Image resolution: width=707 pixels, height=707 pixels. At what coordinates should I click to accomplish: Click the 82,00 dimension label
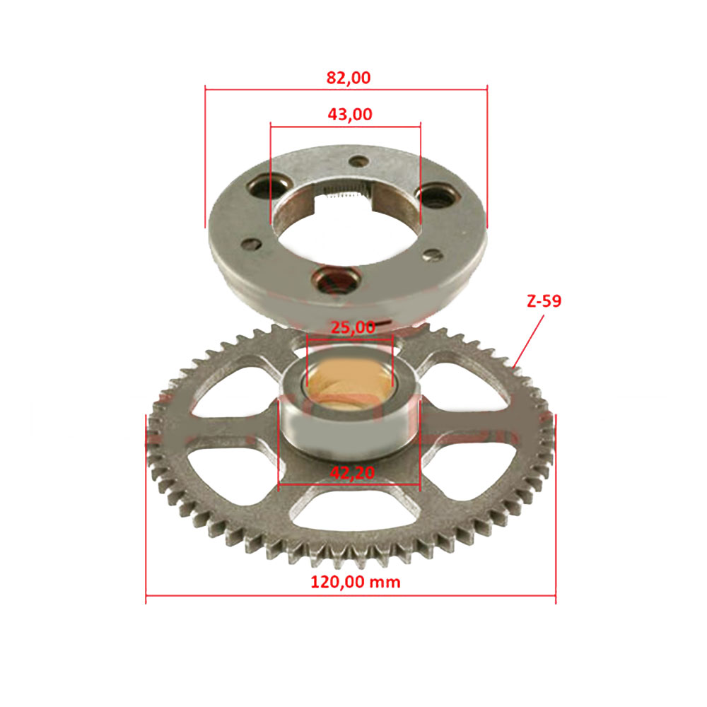[x=349, y=78]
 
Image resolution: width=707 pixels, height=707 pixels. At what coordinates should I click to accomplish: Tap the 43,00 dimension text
[x=350, y=115]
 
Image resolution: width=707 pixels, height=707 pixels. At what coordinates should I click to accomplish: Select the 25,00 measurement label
[x=353, y=327]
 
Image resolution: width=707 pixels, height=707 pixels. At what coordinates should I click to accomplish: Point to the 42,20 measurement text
[x=352, y=472]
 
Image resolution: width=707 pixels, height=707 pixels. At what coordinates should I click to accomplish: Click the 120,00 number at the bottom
[x=338, y=582]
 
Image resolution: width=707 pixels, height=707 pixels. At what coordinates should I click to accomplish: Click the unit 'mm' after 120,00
[x=385, y=583]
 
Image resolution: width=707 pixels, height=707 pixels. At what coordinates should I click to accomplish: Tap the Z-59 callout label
[x=544, y=300]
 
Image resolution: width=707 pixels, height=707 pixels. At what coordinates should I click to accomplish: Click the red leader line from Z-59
[x=528, y=341]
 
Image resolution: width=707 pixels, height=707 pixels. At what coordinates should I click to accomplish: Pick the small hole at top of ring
[x=359, y=161]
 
